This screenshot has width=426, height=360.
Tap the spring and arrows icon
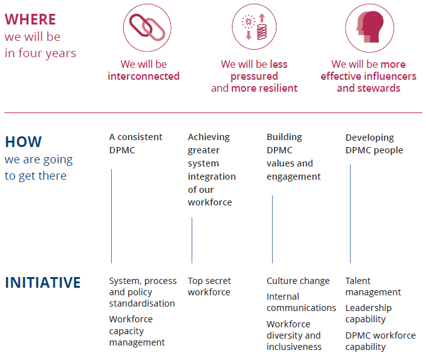[254, 26]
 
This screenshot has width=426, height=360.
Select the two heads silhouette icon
[369, 27]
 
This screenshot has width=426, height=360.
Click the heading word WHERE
[30, 19]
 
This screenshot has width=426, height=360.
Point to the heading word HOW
[23, 141]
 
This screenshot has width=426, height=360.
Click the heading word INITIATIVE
[43, 282]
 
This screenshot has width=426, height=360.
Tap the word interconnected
[143, 76]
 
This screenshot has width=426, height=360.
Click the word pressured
[254, 77]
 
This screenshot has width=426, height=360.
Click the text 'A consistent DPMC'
[136, 143]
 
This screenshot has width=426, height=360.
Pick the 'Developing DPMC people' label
[374, 144]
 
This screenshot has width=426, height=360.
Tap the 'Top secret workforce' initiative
[209, 286]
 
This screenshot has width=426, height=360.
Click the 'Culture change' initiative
[298, 281]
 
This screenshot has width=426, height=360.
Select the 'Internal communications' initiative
[302, 302]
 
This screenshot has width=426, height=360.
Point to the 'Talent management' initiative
[373, 286]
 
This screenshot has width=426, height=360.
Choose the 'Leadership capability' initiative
[368, 314]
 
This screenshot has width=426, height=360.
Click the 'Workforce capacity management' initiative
[137, 330]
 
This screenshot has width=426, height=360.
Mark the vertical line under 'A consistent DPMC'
[111, 216]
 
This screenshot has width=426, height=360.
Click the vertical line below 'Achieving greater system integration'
[192, 240]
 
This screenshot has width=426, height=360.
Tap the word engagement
[293, 177]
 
